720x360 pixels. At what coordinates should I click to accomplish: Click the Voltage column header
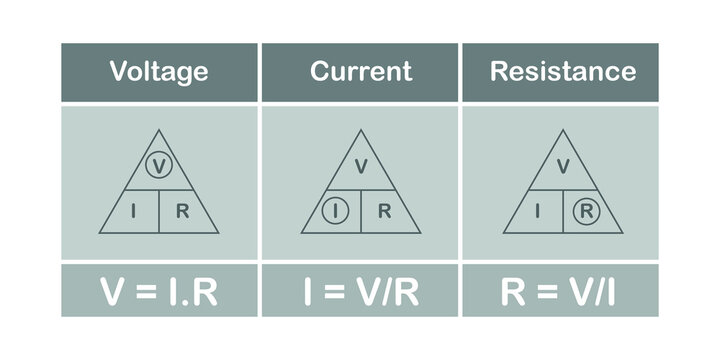[159, 72]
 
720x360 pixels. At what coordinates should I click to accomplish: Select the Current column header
[360, 72]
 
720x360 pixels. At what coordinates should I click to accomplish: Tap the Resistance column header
[562, 72]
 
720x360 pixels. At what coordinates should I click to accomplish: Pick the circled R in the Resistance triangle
[585, 211]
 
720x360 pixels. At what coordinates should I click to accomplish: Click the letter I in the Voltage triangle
[135, 211]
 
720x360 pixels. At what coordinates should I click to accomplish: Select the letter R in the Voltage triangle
[182, 211]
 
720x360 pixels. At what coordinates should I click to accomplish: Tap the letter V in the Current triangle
[361, 166]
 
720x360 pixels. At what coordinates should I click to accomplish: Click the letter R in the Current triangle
[385, 211]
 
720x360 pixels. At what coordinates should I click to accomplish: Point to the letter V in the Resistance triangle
[562, 166]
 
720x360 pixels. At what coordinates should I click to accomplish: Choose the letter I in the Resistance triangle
[539, 211]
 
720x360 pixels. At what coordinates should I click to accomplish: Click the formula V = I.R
[159, 291]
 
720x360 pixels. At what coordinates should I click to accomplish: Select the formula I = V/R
[360, 291]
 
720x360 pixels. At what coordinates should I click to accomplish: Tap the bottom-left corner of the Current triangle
[302, 233]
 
